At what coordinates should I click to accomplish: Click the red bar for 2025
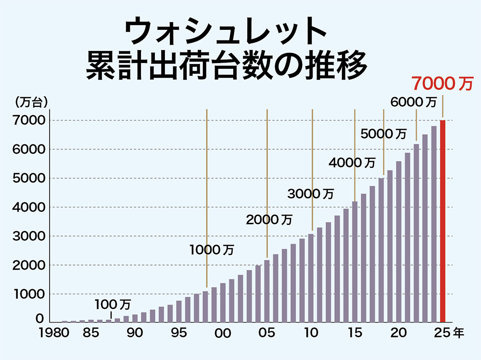[x=443, y=221]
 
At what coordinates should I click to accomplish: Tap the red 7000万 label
[x=442, y=84]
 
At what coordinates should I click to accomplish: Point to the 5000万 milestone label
[x=383, y=133]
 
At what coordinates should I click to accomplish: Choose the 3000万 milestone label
[x=310, y=193]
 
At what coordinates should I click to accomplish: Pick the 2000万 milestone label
[x=269, y=220]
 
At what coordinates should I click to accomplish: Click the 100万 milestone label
[x=112, y=304]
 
